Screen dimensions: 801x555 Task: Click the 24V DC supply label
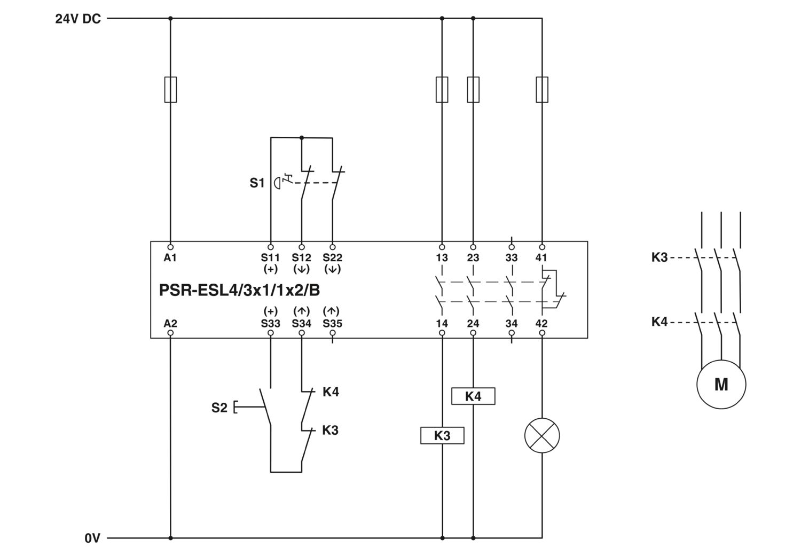78,19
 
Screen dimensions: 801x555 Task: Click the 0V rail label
92,538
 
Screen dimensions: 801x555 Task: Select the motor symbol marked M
721,385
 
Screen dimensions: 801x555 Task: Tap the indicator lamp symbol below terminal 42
542,435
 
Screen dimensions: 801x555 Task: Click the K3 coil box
442,435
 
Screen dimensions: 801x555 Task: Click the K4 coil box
473,396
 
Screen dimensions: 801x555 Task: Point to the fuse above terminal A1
170,89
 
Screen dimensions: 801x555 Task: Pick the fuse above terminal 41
542,89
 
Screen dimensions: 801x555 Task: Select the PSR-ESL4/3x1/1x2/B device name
239,290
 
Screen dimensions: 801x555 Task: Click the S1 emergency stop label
257,183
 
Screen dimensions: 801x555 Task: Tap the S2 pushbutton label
219,408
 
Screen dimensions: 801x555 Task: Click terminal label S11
270,257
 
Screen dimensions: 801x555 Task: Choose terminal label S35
333,324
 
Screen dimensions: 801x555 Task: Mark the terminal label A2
170,324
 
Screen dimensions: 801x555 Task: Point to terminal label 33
512,257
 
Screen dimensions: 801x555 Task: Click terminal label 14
442,324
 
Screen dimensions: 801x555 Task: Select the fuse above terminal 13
442,89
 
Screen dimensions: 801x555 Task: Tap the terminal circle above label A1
170,247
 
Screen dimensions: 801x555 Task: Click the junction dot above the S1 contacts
302,138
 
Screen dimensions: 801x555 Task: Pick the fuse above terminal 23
473,89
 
